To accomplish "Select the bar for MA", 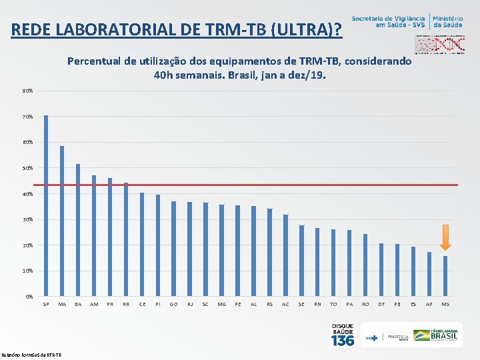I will pyautogui.click(x=62, y=221).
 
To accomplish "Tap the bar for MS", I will pyautogui.click(x=445, y=276).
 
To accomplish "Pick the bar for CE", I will pyautogui.click(x=142, y=244).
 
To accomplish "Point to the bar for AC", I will pyautogui.click(x=285, y=255).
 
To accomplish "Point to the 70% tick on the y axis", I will pyautogui.click(x=28, y=117).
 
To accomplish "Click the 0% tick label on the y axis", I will pyautogui.click(x=29, y=297).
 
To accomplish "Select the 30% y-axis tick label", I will pyautogui.click(x=28, y=219).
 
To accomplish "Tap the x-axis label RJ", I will pyautogui.click(x=189, y=305).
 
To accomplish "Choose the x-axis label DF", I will pyautogui.click(x=381, y=305).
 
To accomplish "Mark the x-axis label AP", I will pyautogui.click(x=429, y=305).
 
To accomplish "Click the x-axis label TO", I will pyautogui.click(x=333, y=305).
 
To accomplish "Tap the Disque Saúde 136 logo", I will pyautogui.click(x=343, y=335).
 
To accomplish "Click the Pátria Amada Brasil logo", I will pyautogui.click(x=431, y=335).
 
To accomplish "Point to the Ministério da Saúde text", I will pyautogui.click(x=450, y=21).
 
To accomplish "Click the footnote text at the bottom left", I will pyautogui.click(x=32, y=355).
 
